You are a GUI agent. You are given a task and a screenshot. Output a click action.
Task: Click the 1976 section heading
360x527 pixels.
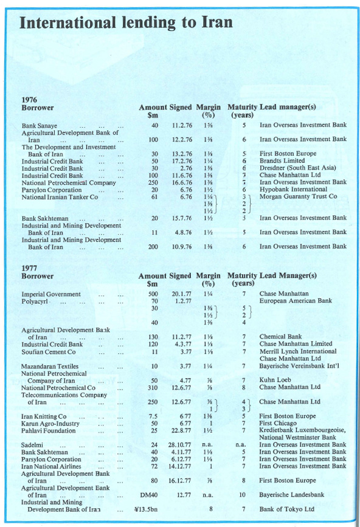click(30, 98)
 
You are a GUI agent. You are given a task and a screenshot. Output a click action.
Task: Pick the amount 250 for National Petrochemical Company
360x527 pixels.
click(154, 182)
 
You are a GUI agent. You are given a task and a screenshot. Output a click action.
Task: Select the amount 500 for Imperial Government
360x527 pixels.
click(154, 294)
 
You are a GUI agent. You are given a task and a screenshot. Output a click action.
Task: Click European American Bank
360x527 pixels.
click(296, 301)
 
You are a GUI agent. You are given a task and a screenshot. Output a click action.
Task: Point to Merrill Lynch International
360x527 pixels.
click(297, 351)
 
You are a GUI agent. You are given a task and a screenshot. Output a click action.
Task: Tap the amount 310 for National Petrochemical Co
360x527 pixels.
click(154, 387)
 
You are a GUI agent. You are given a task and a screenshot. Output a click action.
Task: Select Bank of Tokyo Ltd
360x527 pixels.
click(287, 509)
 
